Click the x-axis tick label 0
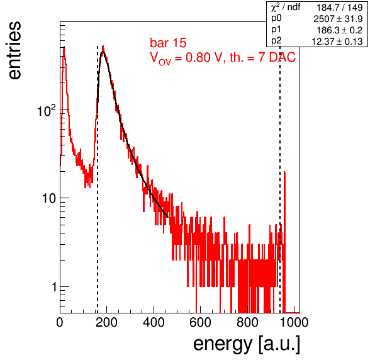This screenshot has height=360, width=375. pos(60,322)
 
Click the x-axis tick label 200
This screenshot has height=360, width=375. pos(106,322)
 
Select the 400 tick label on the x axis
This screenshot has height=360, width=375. pos(154,322)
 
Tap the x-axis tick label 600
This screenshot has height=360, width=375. pos(201,322)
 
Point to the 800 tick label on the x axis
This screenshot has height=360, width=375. pos(247,322)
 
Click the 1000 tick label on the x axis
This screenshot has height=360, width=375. pos(294,322)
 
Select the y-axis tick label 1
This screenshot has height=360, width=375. pos(55,286)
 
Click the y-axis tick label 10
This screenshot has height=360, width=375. pos(49,198)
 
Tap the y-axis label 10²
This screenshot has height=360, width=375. pos(47,110)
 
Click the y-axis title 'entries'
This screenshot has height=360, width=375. pos(14,50)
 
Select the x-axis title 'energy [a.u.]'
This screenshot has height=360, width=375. pos(247,344)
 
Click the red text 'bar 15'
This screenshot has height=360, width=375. pos(168,43)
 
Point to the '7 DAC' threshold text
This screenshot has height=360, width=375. pos(277,57)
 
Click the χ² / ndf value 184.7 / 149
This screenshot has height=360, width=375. pos(340,8)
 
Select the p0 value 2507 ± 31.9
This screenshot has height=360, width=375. pos(338,19)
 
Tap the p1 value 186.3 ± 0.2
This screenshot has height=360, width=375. pos(340,30)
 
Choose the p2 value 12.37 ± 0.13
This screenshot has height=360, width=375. pos(337,42)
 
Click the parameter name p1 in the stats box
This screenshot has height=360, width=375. pos(276,30)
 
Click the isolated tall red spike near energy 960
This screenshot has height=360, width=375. pos(284,242)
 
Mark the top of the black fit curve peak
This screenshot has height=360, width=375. pos(103,52)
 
